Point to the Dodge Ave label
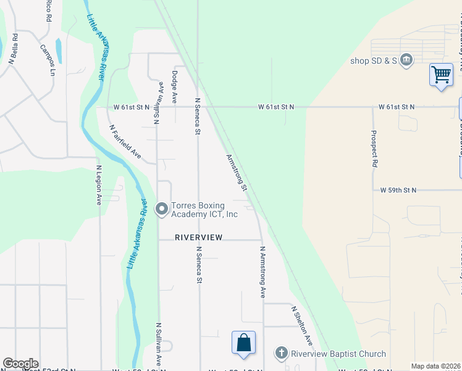coord(175,88)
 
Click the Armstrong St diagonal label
coord(237,173)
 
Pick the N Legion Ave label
coord(98,185)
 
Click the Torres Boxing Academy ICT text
coord(204,210)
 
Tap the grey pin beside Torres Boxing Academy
coord(162,210)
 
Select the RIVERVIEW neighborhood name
coord(198,237)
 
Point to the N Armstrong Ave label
coord(262,273)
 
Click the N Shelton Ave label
coord(302,326)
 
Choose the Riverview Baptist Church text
coord(338,354)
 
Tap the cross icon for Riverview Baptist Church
coord(281,353)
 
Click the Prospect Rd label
coord(374,148)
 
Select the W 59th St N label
coord(398,190)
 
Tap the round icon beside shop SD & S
coord(406,60)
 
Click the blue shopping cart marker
coord(441,75)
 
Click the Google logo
coord(20,364)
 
